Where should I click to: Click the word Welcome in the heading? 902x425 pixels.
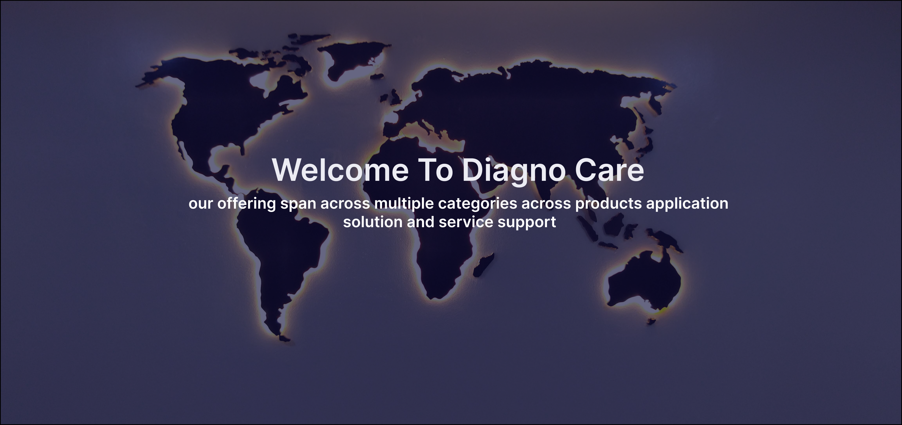point(340,170)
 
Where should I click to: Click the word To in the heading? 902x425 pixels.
point(436,170)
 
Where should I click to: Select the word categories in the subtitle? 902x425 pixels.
point(478,204)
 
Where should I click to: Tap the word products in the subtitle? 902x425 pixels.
point(609,204)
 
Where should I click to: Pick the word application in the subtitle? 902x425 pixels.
point(687,204)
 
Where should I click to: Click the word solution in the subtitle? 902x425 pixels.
point(372,222)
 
